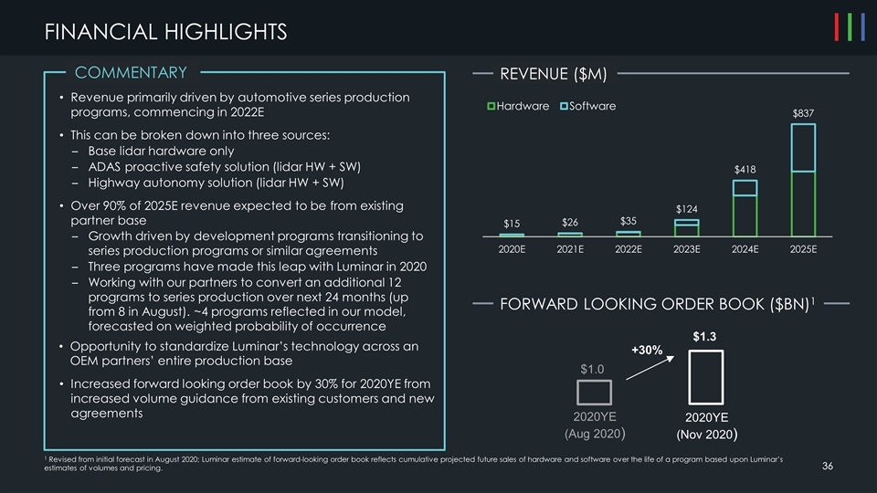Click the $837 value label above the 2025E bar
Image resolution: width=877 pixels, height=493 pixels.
point(803,112)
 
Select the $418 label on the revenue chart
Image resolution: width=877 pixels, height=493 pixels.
point(745,169)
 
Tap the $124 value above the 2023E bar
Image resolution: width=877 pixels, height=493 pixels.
point(686,209)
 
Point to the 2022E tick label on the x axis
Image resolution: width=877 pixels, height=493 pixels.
point(628,249)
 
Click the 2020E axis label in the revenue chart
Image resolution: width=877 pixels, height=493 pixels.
point(512,249)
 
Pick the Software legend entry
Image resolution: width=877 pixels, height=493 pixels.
point(588,107)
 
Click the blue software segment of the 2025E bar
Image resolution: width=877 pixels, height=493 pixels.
point(803,148)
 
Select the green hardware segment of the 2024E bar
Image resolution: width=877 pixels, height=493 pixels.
point(745,215)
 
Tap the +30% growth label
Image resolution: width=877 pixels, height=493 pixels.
point(646,349)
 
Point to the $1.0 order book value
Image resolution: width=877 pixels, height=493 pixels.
point(593,368)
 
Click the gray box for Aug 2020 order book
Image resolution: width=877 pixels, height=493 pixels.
point(594,392)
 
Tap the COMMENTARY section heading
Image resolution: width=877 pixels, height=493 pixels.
point(131,73)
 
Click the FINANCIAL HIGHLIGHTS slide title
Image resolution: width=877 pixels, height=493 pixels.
point(165,33)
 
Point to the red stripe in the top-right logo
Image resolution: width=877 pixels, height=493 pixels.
point(837,27)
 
